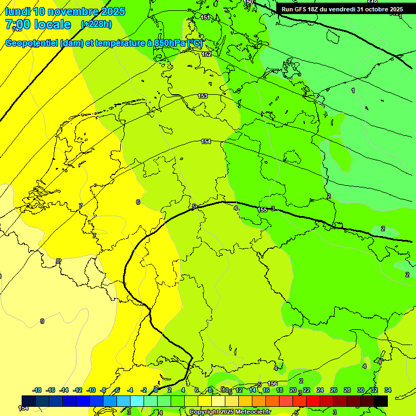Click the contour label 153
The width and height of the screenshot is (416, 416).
click(203, 96)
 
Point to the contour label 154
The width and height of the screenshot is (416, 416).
click(206, 141)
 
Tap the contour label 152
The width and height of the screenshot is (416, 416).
click(206, 54)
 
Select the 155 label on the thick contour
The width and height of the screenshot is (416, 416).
click(262, 210)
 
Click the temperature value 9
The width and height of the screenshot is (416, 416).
click(42, 321)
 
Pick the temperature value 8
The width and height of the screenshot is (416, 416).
click(58, 261)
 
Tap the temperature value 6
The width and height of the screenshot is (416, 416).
click(138, 202)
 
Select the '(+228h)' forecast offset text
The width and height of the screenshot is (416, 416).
click(96, 24)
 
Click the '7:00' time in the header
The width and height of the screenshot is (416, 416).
click(18, 24)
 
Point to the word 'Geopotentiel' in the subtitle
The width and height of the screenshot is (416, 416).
click(31, 43)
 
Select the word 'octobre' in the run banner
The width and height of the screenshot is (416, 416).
click(372, 9)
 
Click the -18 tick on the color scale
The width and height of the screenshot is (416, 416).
click(37, 390)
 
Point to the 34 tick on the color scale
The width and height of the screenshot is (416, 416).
click(387, 390)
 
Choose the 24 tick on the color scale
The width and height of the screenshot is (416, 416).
click(320, 390)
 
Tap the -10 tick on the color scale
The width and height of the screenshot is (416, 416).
click(91, 390)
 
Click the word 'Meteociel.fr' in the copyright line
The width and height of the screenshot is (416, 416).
click(252, 412)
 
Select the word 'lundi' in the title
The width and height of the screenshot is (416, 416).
click(18, 11)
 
